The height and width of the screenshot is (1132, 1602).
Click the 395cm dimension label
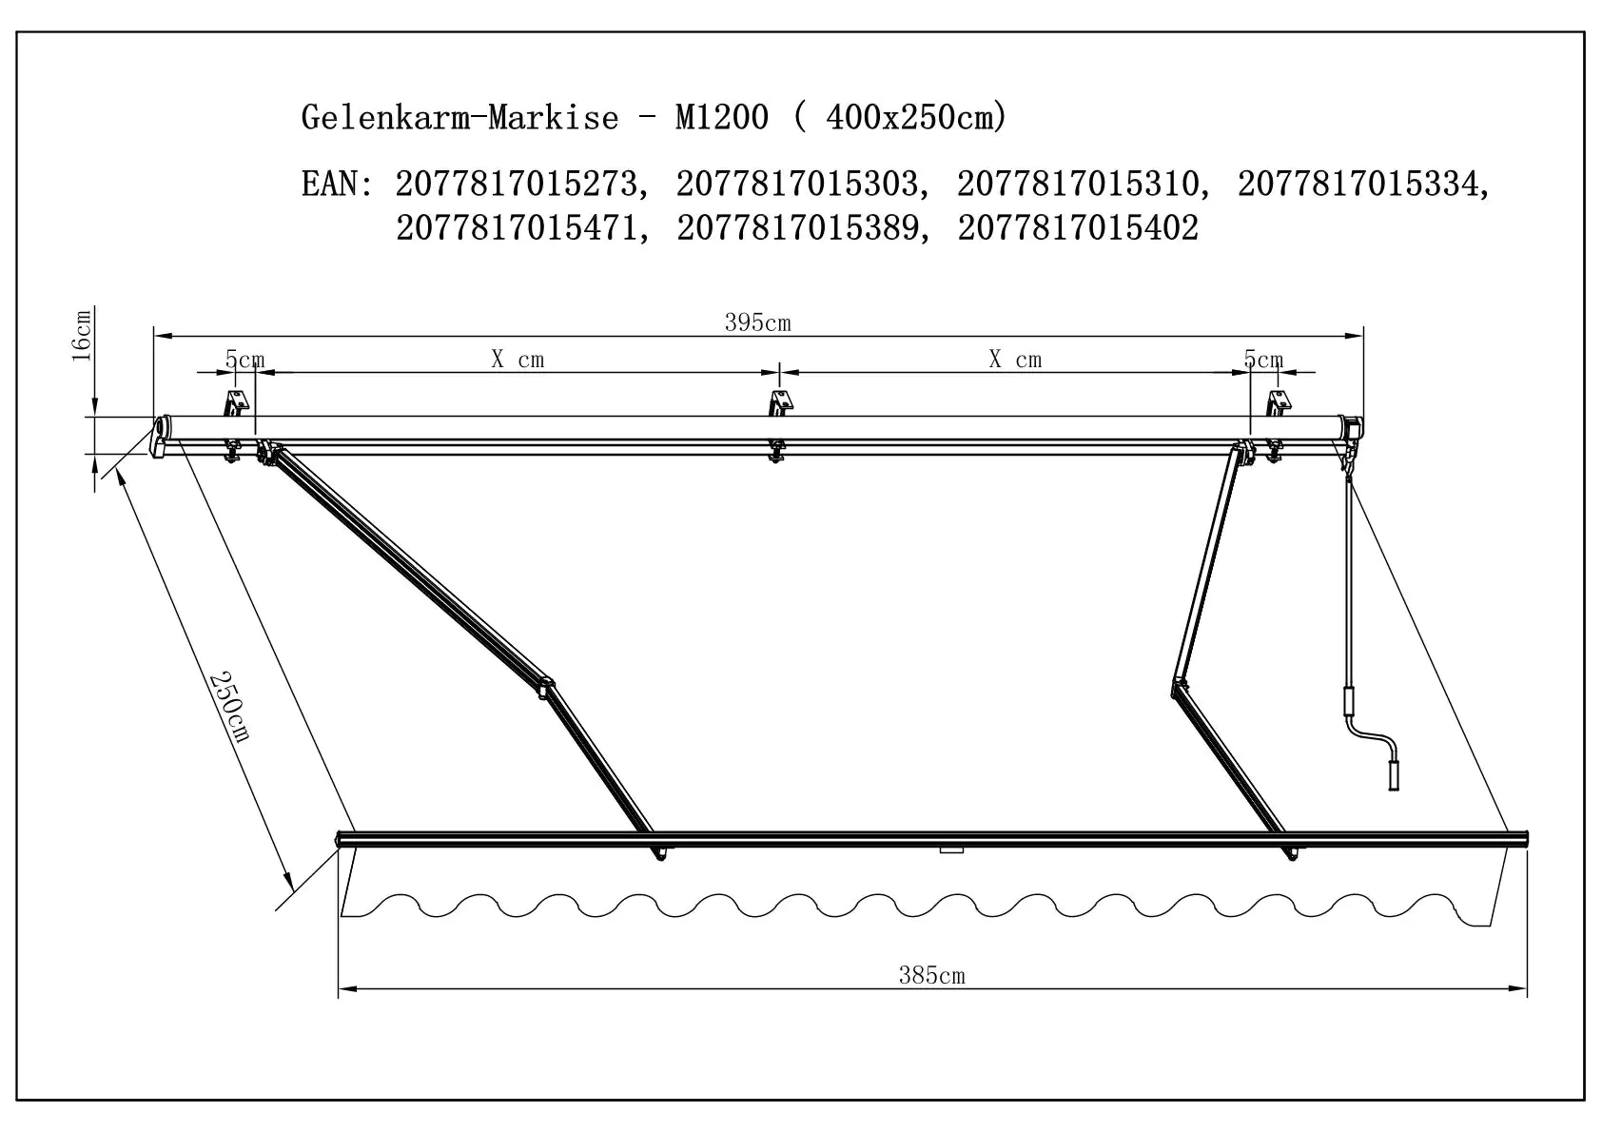tap(757, 322)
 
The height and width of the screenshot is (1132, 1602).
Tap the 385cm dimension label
tap(931, 975)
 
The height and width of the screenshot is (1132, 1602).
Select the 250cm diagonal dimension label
tap(229, 706)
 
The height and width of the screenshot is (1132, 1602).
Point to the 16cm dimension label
tap(82, 335)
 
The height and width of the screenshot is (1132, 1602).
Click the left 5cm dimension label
tap(244, 360)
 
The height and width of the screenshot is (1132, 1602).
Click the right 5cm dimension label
tap(1263, 360)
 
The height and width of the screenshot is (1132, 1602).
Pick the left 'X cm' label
tap(518, 360)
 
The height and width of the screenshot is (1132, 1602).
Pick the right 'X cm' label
tap(1015, 360)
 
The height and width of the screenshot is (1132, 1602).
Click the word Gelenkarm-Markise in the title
tap(459, 117)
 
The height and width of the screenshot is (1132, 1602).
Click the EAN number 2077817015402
tap(1078, 228)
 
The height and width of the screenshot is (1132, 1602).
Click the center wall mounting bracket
tap(780, 403)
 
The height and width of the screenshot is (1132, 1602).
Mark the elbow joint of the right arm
tap(1180, 687)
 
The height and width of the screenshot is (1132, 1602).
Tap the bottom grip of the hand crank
tap(1395, 774)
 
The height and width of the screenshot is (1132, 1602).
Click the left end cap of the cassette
tap(160, 436)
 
